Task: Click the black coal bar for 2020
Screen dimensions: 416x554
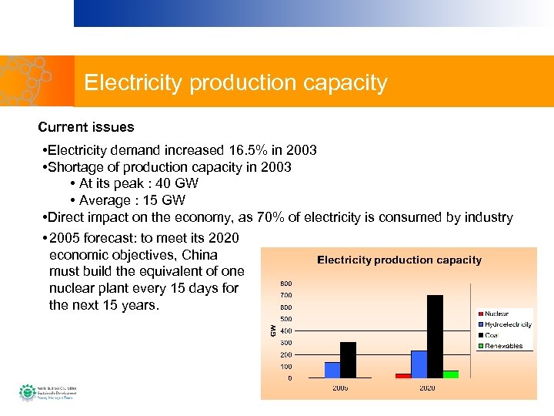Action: (435, 336)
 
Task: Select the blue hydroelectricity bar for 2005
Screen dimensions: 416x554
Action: (332, 370)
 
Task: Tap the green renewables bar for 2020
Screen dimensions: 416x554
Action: (450, 374)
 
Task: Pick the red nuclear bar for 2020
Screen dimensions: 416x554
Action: (403, 375)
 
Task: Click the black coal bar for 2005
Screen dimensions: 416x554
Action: (348, 360)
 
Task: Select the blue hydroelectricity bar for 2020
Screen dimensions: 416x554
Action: (419, 364)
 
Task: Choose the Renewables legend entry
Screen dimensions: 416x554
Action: (503, 346)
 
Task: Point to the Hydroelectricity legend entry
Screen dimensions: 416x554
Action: (506, 324)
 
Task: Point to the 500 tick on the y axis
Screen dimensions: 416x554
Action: (285, 319)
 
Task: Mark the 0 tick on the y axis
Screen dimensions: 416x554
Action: (289, 378)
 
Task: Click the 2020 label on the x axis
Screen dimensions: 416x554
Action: (427, 387)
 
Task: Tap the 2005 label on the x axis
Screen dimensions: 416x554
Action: (340, 387)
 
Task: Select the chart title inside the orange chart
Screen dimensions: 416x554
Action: (399, 260)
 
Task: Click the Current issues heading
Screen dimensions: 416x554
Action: (86, 127)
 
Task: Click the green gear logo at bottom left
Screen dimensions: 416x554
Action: (28, 392)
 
